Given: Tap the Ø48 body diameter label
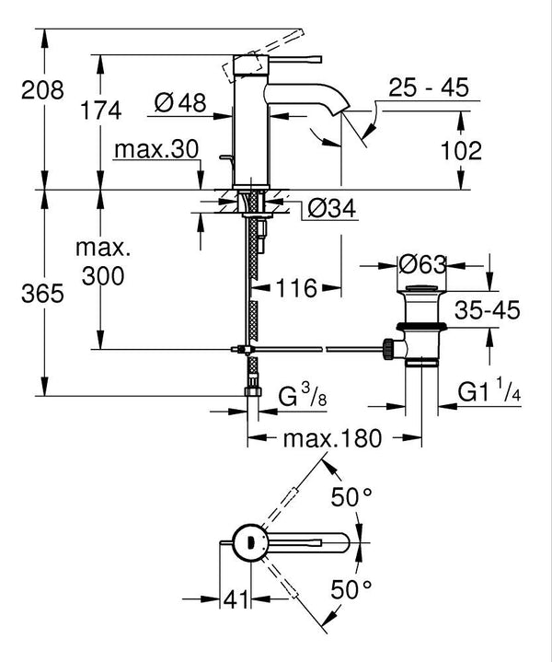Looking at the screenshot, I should pyautogui.click(x=179, y=103).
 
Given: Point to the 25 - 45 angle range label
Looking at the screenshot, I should pyautogui.click(x=428, y=88).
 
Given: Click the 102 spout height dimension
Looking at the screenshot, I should pyautogui.click(x=461, y=151).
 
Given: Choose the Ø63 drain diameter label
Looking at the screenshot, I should pyautogui.click(x=422, y=265).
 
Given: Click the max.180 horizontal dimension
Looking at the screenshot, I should pyautogui.click(x=331, y=438).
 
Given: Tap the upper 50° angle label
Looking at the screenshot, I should pyautogui.click(x=351, y=498).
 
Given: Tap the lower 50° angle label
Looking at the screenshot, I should pyautogui.click(x=351, y=587).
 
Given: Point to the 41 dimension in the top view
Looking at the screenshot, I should pyautogui.click(x=238, y=601).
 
